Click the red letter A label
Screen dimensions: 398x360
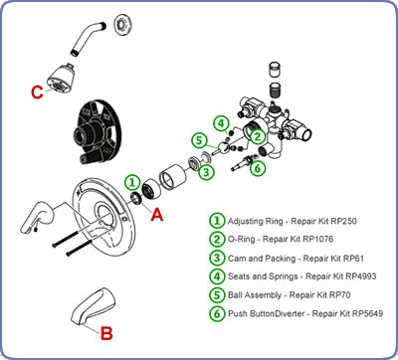(157, 214)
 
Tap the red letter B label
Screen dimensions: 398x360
(106, 333)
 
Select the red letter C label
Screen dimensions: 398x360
(37, 92)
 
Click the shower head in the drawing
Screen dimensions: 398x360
(60, 79)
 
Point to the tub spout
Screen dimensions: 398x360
(94, 306)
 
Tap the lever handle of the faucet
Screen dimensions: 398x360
(37, 216)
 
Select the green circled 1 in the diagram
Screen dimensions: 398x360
(132, 182)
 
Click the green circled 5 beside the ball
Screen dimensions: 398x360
(199, 140)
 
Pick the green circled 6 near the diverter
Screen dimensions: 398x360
(258, 168)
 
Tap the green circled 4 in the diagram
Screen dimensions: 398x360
(221, 124)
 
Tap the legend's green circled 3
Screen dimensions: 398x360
(217, 258)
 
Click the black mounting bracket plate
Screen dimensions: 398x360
(97, 131)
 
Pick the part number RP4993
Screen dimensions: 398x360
(361, 276)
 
